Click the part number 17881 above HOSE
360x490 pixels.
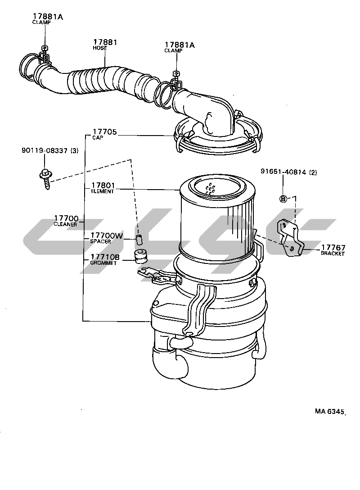[105, 42]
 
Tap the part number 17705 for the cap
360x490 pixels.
[104, 132]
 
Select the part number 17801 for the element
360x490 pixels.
[103, 186]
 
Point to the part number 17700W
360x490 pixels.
[107, 236]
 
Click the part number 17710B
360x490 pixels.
[105, 257]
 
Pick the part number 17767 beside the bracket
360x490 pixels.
[333, 248]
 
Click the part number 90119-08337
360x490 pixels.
[45, 150]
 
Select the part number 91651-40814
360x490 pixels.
[283, 172]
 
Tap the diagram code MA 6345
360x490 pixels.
[329, 411]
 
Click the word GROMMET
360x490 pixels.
[103, 263]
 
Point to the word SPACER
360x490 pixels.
[100, 241]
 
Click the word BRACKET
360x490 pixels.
[333, 254]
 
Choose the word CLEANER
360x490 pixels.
[65, 224]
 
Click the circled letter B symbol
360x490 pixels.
[283, 199]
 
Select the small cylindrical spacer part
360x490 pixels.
[139, 240]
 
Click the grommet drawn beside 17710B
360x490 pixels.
[140, 256]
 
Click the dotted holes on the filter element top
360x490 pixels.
[211, 189]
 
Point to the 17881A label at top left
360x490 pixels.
[48, 17]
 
